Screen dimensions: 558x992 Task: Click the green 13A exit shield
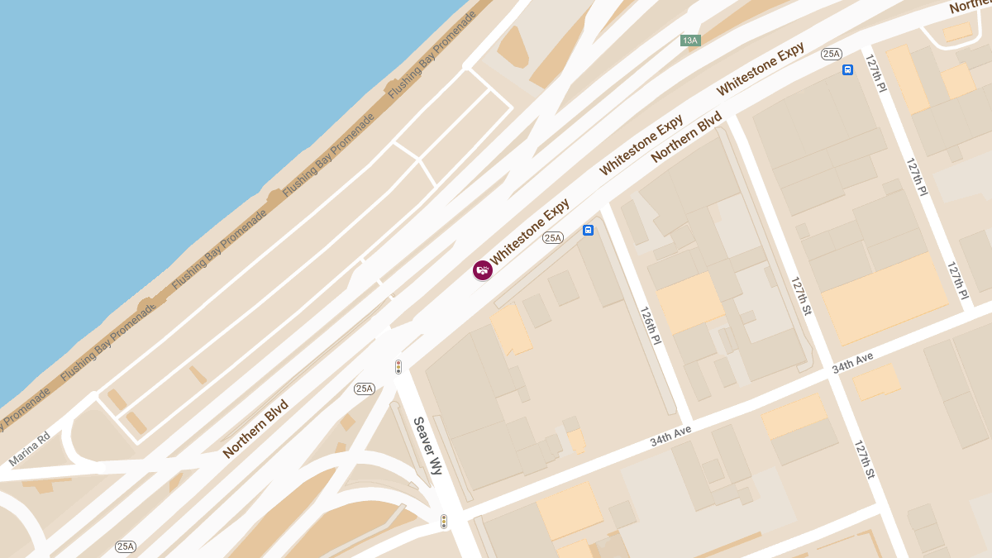tap(689, 41)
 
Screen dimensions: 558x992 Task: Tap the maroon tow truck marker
tap(483, 269)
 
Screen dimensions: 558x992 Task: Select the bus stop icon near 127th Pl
tap(847, 70)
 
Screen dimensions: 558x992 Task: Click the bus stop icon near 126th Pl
tap(588, 231)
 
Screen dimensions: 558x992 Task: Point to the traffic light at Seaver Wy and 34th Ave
tap(444, 522)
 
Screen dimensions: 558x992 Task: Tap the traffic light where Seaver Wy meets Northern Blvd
tap(398, 367)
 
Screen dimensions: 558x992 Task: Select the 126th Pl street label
tap(651, 326)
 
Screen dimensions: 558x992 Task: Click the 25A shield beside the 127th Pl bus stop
tap(831, 54)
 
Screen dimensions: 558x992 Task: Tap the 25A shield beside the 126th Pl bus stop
tap(552, 238)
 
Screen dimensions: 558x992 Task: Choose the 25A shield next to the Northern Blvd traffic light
tap(365, 389)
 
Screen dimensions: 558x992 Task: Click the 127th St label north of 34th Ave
tap(801, 296)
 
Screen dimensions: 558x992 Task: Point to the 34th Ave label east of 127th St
tap(852, 363)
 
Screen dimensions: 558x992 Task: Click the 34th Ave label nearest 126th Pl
tap(670, 436)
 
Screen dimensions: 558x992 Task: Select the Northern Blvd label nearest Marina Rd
tap(255, 430)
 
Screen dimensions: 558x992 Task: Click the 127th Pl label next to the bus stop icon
tap(875, 74)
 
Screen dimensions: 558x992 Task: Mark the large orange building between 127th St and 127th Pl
tap(885, 298)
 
